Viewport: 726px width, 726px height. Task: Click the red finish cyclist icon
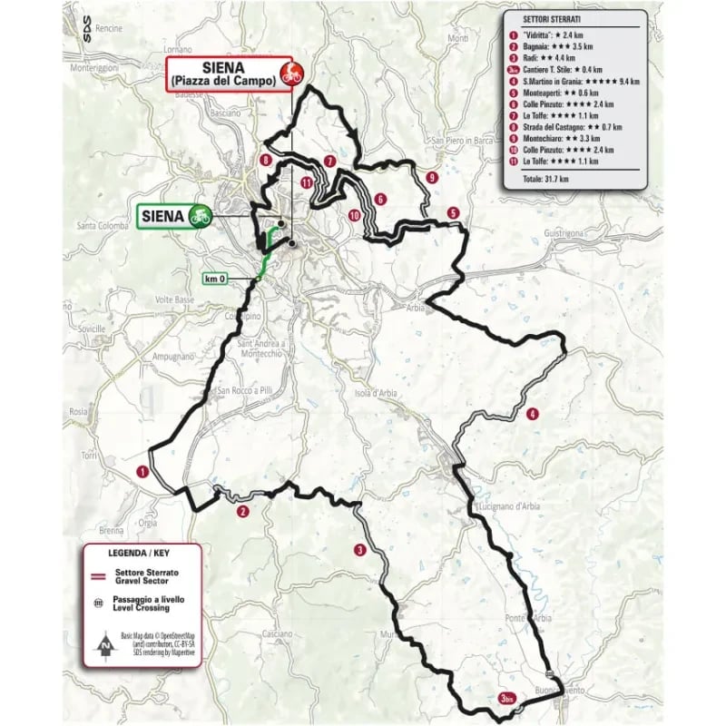click(x=291, y=74)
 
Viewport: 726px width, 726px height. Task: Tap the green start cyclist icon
click(x=199, y=216)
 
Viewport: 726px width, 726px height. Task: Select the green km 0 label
click(x=215, y=279)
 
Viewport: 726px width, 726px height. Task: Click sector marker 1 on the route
click(x=142, y=471)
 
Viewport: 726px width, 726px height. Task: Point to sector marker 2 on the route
click(x=242, y=512)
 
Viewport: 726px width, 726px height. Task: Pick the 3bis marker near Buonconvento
click(x=508, y=698)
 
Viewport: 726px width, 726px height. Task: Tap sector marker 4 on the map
click(x=533, y=414)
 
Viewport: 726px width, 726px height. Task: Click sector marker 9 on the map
click(x=432, y=177)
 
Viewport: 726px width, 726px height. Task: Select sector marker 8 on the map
click(x=264, y=160)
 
